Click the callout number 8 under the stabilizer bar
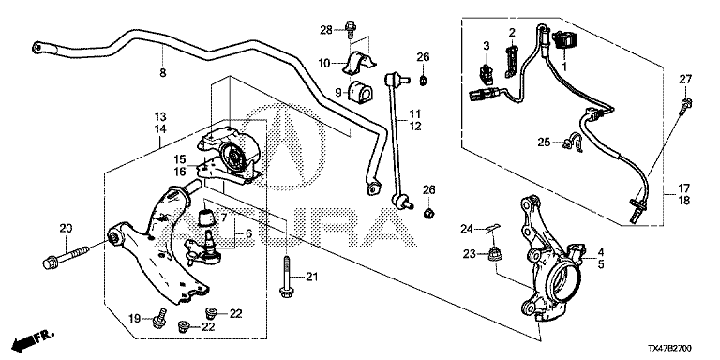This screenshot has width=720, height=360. [163, 72]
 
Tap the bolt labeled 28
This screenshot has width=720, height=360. [350, 28]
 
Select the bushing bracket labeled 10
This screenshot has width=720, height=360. [359, 64]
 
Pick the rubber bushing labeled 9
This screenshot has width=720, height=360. [361, 93]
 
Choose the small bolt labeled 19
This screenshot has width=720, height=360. [159, 319]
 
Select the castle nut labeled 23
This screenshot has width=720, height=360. [494, 253]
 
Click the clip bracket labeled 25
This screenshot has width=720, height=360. [572, 142]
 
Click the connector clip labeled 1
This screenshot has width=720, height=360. [564, 40]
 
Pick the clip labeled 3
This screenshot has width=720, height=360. [486, 74]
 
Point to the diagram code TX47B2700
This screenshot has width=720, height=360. [669, 349]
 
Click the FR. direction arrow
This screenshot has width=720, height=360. [33, 340]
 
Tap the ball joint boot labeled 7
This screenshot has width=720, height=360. [206, 217]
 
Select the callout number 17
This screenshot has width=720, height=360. [683, 188]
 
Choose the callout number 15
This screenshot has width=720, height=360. [180, 159]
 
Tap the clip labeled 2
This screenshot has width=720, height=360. [511, 61]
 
